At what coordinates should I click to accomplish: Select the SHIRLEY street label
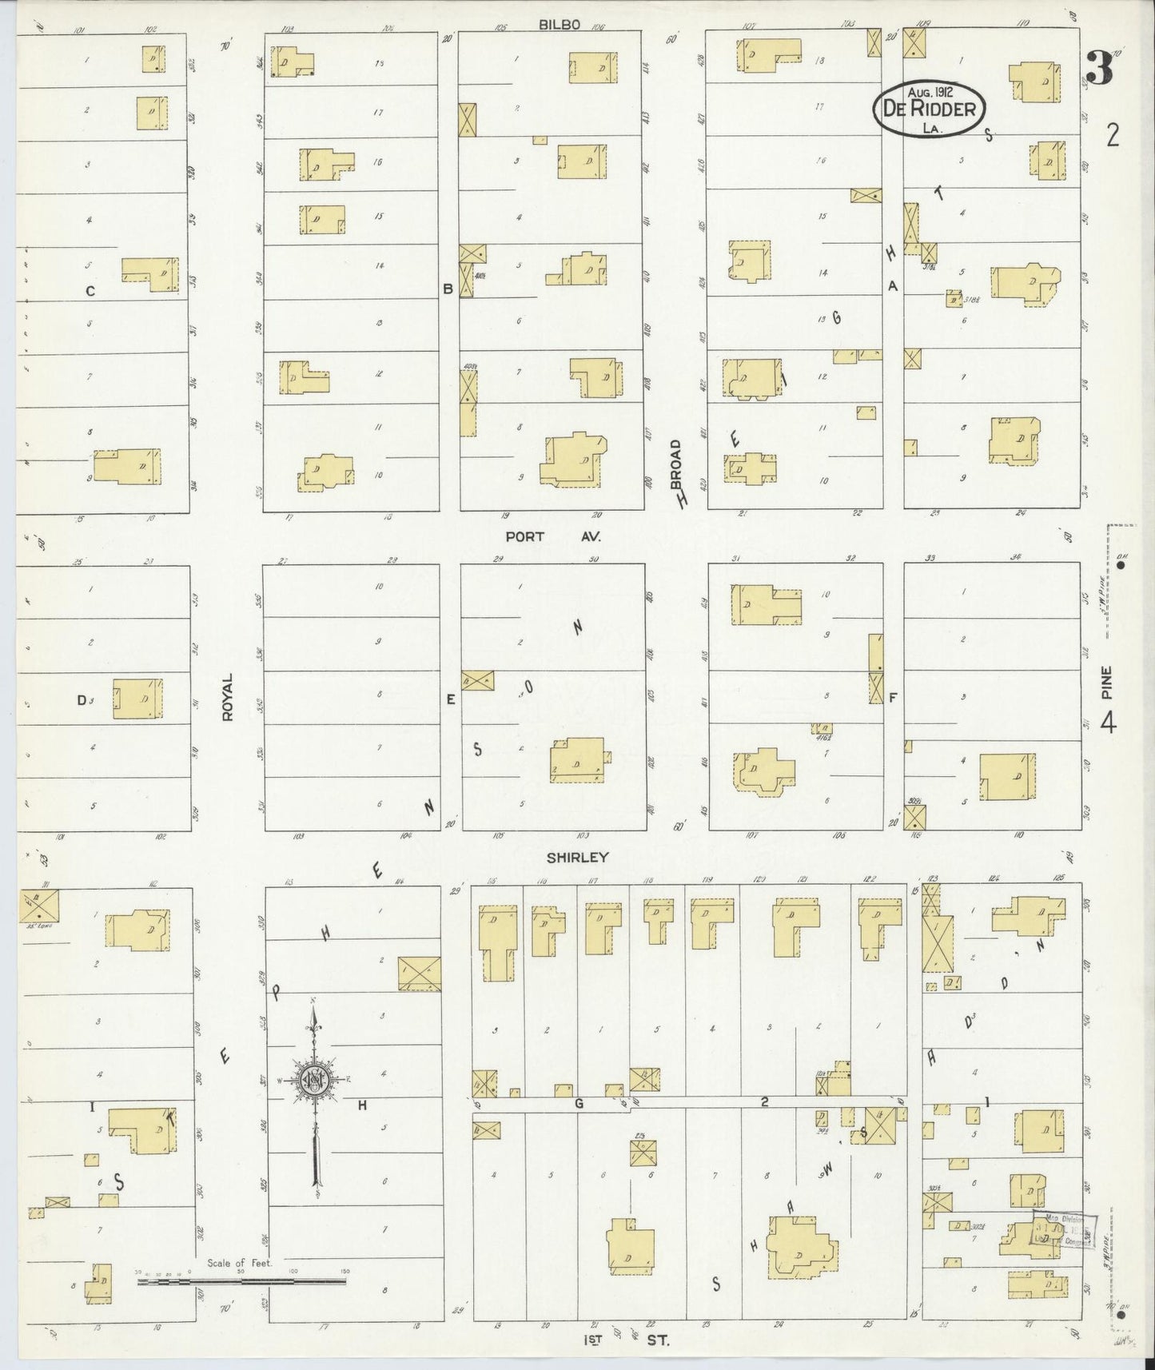[x=578, y=857]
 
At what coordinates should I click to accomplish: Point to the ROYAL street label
[x=228, y=697]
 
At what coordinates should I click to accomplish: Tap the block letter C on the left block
[x=90, y=292]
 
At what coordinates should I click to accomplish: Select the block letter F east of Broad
[x=893, y=698]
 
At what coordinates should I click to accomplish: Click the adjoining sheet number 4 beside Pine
[x=1108, y=723]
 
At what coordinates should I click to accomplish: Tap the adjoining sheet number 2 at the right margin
[x=1112, y=137]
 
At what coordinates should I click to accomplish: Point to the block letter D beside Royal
[x=81, y=700]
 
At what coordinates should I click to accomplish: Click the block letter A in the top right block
[x=894, y=286]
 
